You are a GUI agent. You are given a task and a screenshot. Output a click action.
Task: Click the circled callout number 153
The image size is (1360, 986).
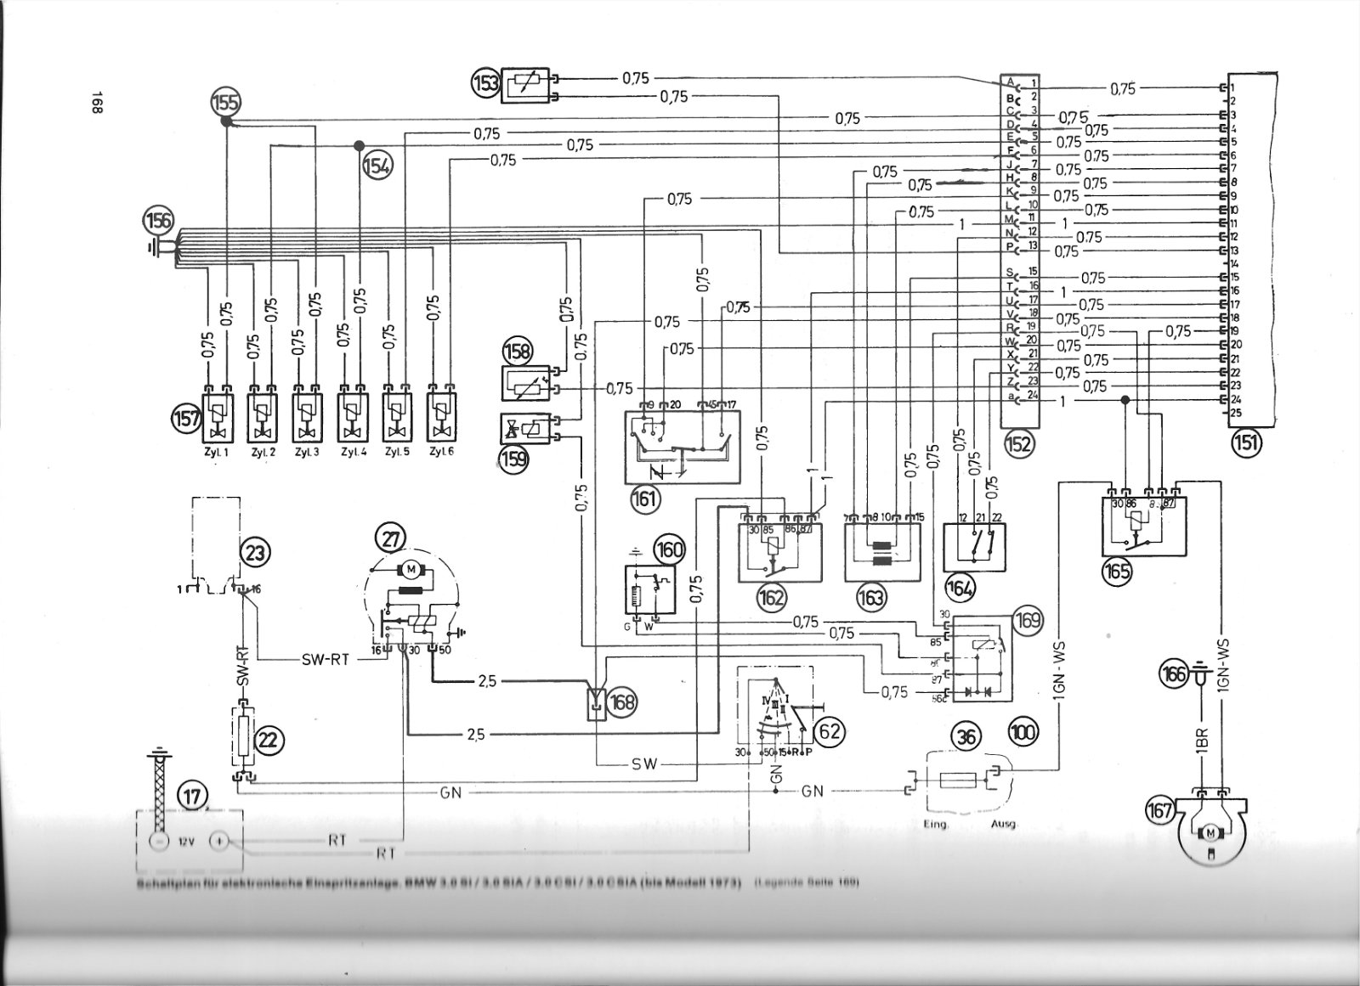tap(487, 83)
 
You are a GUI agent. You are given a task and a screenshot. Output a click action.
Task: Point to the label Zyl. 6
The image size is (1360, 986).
tap(441, 452)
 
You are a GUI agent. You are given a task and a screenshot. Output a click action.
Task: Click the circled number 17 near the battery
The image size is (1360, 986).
tap(191, 796)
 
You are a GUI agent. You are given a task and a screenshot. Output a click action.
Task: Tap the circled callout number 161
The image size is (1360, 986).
tap(644, 498)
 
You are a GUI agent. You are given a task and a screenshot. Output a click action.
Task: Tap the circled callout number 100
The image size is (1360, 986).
tap(1023, 730)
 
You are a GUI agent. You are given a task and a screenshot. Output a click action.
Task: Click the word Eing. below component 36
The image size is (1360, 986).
tap(936, 825)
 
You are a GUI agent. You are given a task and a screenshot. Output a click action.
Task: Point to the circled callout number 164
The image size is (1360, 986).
tap(965, 586)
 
